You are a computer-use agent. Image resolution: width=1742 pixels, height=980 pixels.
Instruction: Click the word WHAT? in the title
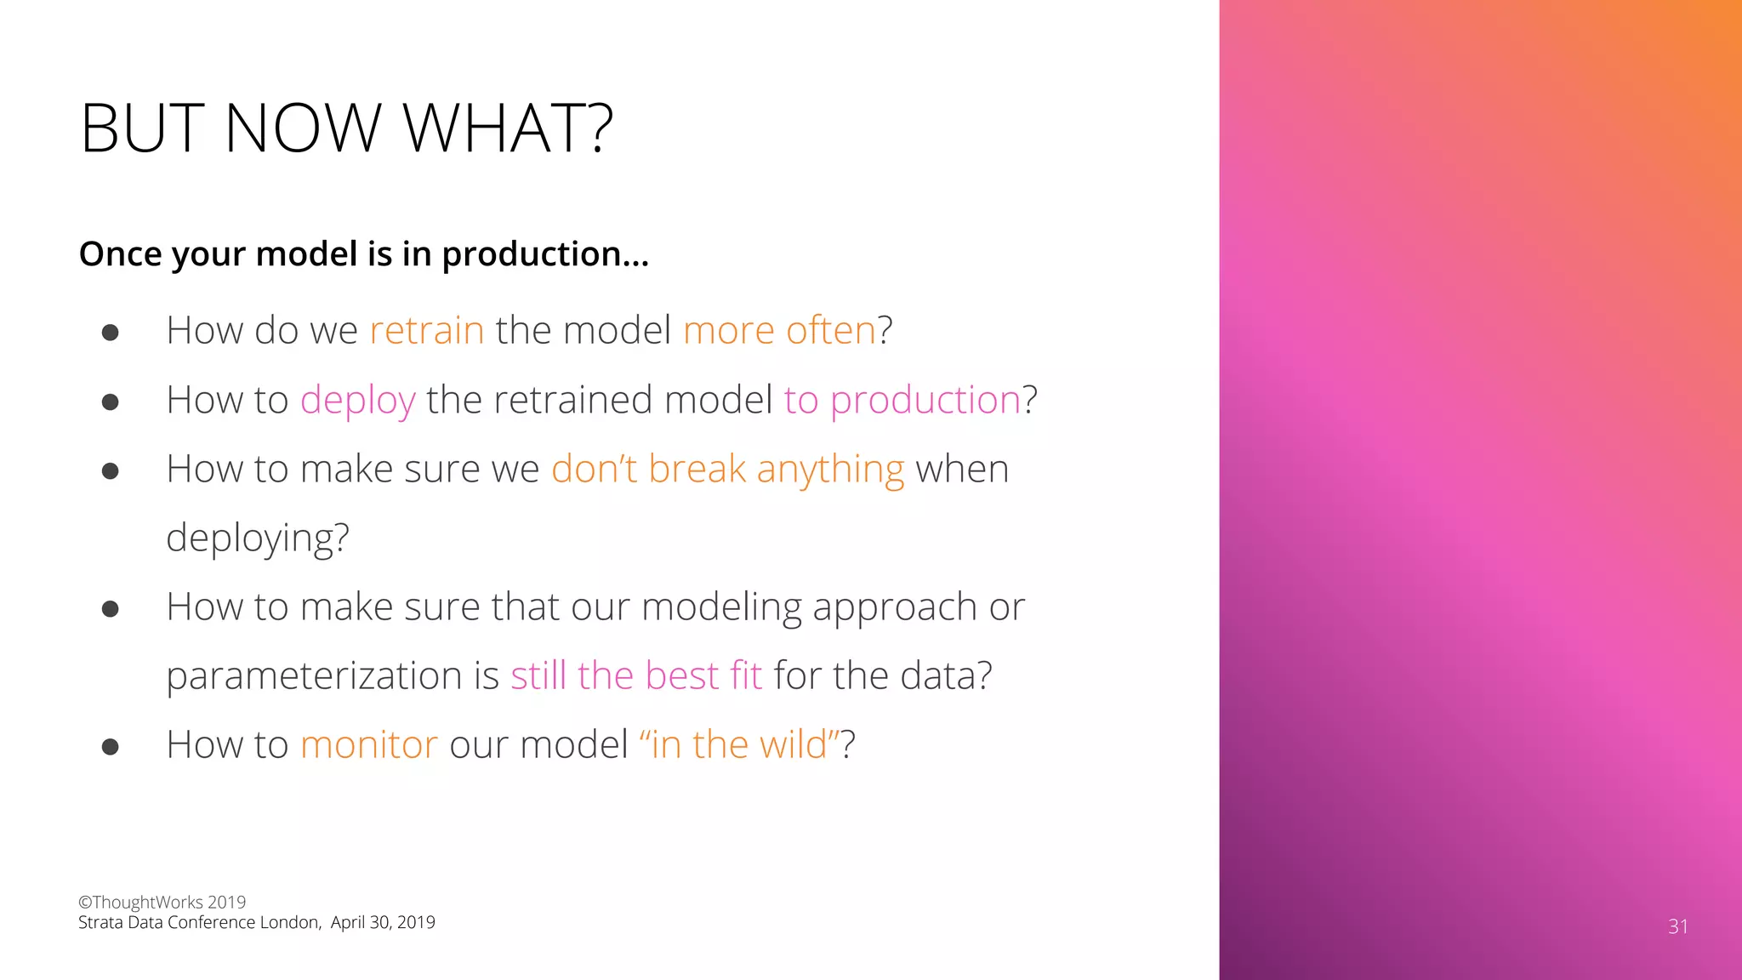[x=507, y=128]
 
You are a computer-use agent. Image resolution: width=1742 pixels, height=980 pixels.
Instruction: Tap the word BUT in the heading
[x=142, y=128]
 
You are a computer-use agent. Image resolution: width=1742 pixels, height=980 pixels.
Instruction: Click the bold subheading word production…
[x=544, y=254]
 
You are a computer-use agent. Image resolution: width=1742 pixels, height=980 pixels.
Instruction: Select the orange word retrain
[x=426, y=330]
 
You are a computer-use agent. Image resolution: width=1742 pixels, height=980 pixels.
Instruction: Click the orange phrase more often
[x=779, y=330]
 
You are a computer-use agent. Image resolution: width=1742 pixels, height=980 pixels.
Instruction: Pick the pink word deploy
[x=357, y=401]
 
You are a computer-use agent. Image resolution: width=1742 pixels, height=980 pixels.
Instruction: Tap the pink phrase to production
[x=902, y=401]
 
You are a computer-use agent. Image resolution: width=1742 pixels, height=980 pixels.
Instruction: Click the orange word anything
[x=830, y=470]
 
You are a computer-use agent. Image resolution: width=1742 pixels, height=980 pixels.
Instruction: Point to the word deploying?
[x=257, y=538]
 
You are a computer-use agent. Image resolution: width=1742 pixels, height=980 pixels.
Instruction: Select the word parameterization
[x=314, y=675]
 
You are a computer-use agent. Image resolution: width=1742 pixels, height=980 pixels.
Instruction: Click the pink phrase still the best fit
[x=635, y=675]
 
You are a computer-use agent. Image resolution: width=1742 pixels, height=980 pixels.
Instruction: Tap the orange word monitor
[x=368, y=744]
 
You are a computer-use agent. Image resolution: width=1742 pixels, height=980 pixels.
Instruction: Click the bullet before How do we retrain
[x=110, y=332]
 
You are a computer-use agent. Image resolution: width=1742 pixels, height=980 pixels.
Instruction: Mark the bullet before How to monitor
[x=110, y=747]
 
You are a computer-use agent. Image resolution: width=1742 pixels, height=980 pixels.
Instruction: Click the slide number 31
[x=1677, y=926]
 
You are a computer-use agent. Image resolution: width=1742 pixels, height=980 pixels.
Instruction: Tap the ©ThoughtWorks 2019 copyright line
[x=162, y=902]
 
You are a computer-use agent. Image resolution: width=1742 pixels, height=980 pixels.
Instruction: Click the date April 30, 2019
[x=383, y=922]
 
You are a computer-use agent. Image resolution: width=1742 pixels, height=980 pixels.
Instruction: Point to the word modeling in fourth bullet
[x=720, y=607]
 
